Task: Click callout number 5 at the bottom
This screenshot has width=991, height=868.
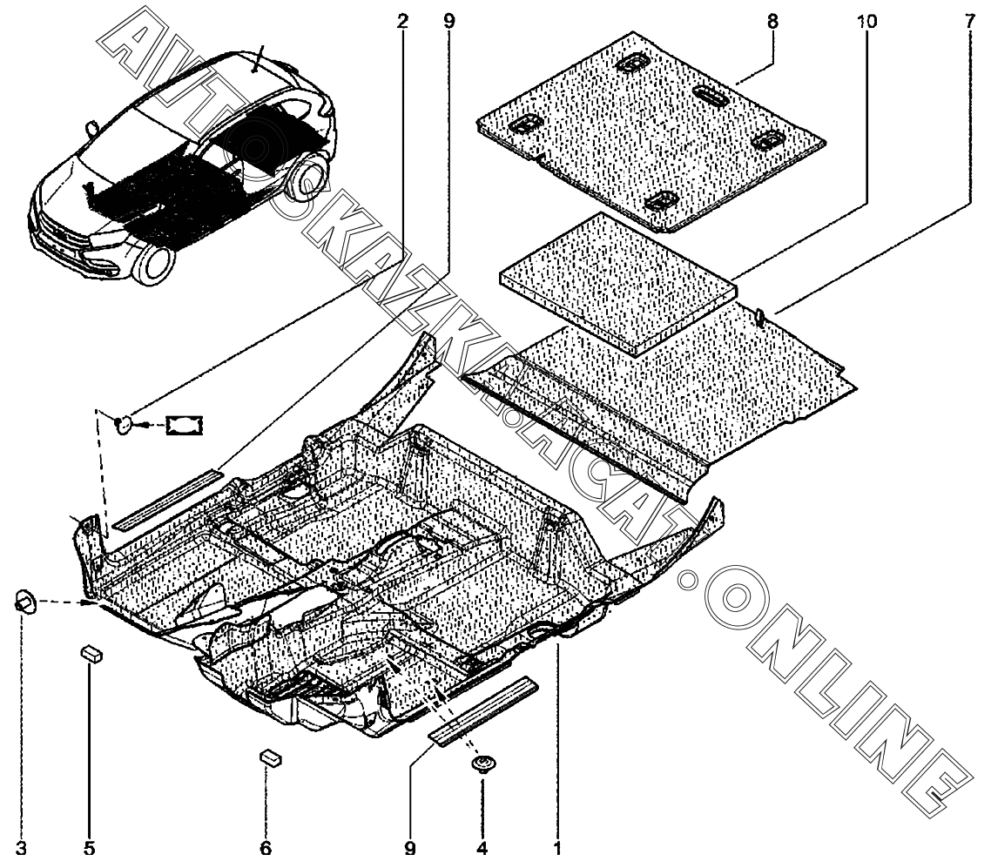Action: tap(89, 847)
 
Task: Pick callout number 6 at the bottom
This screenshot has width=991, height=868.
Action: tap(266, 847)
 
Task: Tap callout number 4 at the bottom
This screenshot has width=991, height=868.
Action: tap(482, 847)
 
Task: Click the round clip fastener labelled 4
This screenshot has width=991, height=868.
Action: tap(481, 764)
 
